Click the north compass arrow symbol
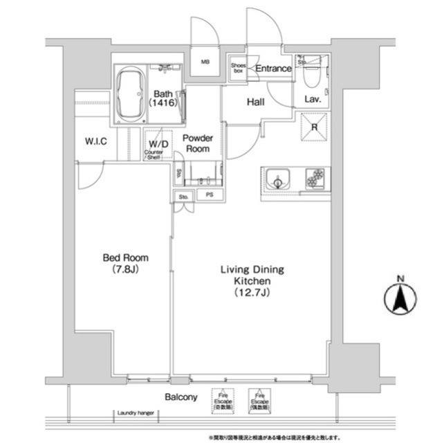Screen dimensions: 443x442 coord(398,299)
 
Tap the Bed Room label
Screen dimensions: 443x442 coord(125,263)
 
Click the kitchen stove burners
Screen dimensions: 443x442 coord(315,179)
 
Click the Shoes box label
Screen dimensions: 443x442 coord(237,67)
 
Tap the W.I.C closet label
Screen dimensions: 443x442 coord(95,141)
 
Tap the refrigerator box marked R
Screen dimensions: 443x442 coord(313,127)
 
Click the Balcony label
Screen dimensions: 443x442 coord(181,397)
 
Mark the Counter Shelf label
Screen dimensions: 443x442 coord(154,155)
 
